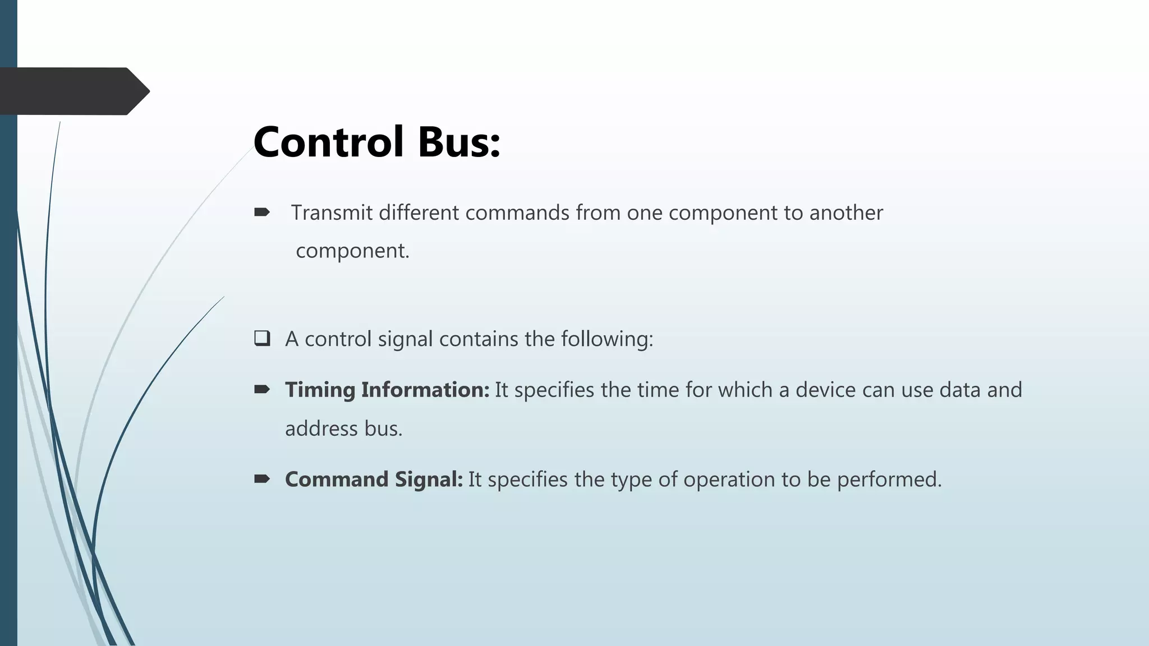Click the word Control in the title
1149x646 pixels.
329,142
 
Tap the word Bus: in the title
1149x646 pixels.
458,142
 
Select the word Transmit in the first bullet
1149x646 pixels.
332,213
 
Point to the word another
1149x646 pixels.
846,213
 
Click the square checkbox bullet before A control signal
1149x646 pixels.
262,339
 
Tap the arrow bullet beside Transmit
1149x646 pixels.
262,212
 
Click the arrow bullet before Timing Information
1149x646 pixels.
262,389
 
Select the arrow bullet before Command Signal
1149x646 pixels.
262,479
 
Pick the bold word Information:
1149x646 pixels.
425,390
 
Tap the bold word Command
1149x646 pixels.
337,479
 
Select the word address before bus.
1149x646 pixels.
321,429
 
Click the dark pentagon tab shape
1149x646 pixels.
73,91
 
